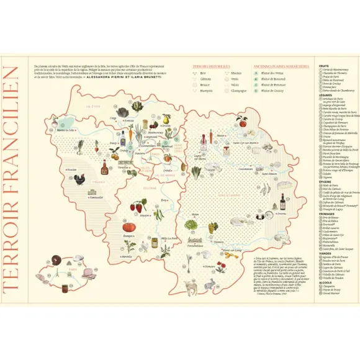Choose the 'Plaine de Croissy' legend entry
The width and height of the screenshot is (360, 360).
(x=273, y=91)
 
